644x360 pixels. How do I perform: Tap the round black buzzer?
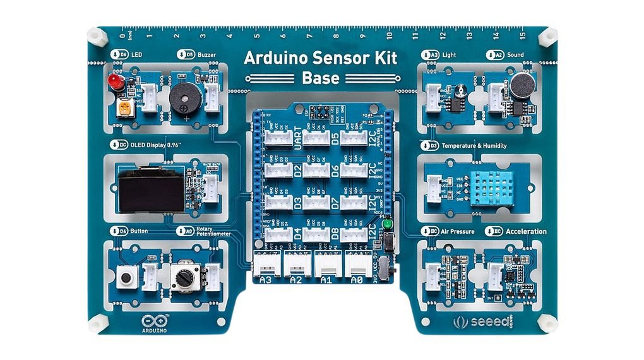(x=182, y=98)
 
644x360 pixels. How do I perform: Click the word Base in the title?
(x=320, y=78)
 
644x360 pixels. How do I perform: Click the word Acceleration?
(x=526, y=231)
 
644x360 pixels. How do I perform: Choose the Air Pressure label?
(x=457, y=231)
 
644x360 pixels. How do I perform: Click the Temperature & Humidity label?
(x=474, y=146)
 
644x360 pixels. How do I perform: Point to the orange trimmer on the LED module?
(x=124, y=108)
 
